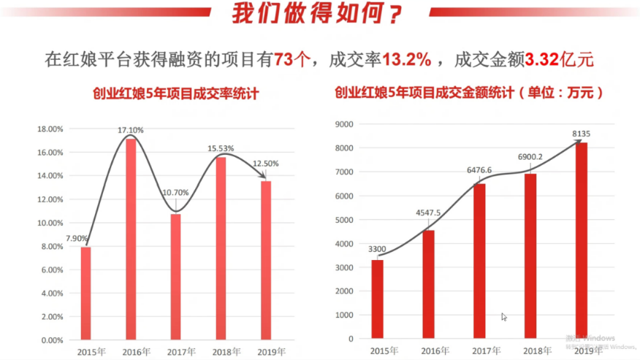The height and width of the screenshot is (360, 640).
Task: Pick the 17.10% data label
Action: [131, 130]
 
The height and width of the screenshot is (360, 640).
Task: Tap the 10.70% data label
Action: [175, 193]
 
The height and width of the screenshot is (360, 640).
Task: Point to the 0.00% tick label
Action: [52, 340]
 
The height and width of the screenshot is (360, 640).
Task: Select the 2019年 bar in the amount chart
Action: [582, 241]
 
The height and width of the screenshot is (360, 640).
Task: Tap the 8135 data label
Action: [582, 133]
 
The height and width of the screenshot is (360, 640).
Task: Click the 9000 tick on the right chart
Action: [344, 124]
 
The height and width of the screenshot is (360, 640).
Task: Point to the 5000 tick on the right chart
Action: [344, 220]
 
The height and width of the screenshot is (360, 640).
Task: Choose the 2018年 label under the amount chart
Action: [530, 351]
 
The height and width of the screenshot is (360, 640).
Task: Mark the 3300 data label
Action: [377, 248]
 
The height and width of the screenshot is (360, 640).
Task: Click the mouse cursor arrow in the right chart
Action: [504, 317]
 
